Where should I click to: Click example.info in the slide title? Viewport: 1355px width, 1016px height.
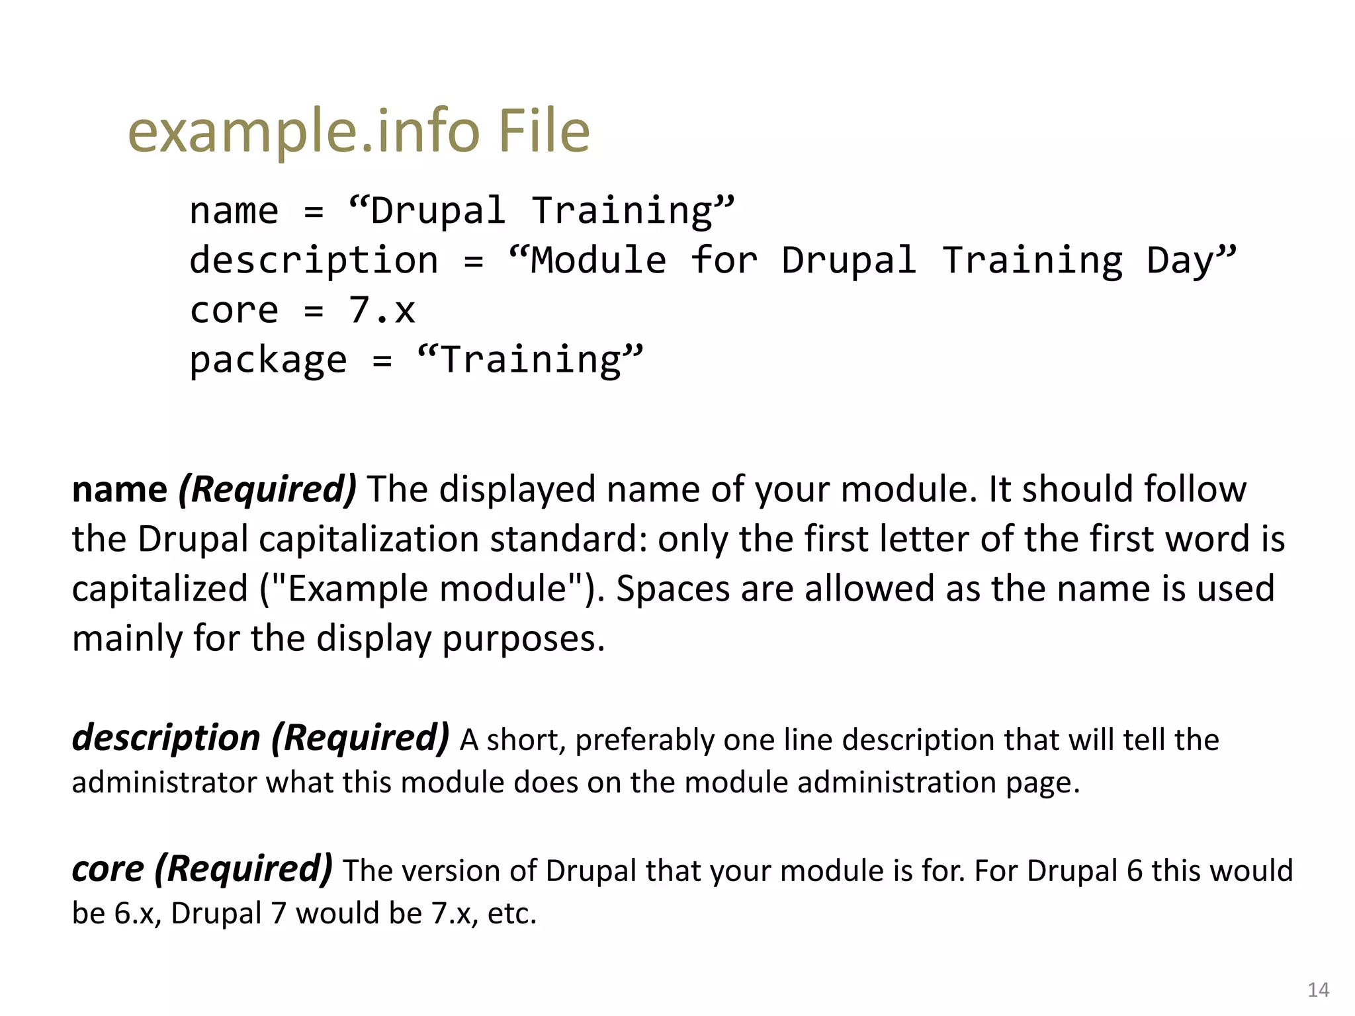click(303, 132)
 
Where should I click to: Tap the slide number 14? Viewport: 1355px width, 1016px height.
click(1318, 990)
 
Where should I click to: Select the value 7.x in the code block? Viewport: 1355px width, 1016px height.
click(382, 310)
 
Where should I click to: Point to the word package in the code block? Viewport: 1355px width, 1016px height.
click(268, 360)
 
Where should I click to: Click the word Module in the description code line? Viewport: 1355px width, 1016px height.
click(598, 260)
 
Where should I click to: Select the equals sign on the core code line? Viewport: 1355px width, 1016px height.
click(314, 311)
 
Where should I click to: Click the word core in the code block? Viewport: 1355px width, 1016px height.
click(234, 310)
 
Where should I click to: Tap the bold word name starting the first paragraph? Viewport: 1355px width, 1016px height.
click(119, 489)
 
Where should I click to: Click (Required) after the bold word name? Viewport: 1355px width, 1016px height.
click(267, 489)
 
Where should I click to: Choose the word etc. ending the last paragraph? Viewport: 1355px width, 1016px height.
click(511, 913)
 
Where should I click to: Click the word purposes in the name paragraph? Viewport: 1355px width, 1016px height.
click(523, 639)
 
